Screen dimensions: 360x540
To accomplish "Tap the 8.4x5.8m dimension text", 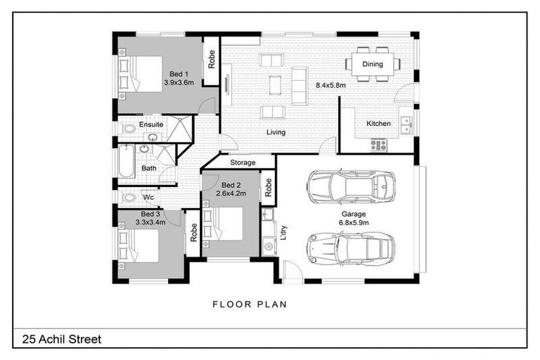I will pos(331,85).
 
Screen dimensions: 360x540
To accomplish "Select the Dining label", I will pos(373,64).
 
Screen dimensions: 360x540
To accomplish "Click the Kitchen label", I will pos(378,124).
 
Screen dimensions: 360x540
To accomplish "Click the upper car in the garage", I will pos(350,186).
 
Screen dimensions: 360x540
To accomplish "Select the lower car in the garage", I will pos(350,247).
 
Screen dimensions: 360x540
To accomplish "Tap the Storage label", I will pos(243,162).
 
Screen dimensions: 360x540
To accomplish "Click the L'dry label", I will pos(283,231).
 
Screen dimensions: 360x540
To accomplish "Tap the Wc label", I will pos(148,198).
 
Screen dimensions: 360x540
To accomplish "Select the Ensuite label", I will pos(150,124).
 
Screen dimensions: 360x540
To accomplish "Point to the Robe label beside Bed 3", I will pos(193,233).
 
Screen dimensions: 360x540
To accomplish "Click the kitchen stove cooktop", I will pos(378,145).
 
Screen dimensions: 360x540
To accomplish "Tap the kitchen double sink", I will pos(405,124).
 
